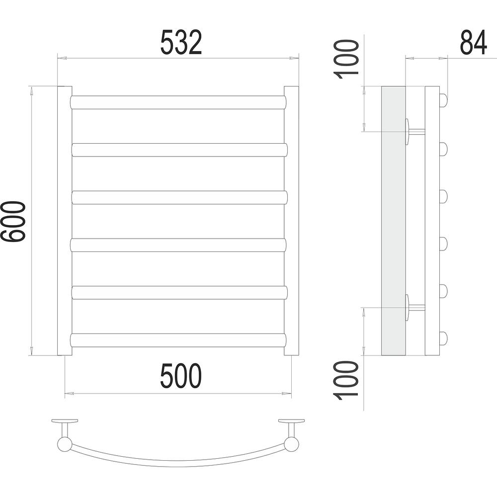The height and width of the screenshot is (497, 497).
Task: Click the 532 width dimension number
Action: pyautogui.click(x=181, y=42)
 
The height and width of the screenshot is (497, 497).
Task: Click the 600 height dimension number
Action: pyautogui.click(x=13, y=221)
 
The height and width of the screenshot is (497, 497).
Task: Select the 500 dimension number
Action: pyautogui.click(x=181, y=376)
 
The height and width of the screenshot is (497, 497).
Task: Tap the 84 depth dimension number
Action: pyautogui.click(x=473, y=42)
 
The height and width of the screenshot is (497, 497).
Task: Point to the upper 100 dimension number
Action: pyautogui.click(x=346, y=59)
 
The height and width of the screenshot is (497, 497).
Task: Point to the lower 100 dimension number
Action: pyautogui.click(x=346, y=380)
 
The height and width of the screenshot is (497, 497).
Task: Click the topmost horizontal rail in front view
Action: pyautogui.click(x=178, y=102)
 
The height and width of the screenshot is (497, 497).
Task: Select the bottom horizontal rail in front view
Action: pyautogui.click(x=178, y=340)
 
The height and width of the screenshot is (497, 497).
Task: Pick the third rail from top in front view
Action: pyautogui.click(x=179, y=197)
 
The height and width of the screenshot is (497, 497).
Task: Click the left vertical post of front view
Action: pyautogui.click(x=65, y=221)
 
